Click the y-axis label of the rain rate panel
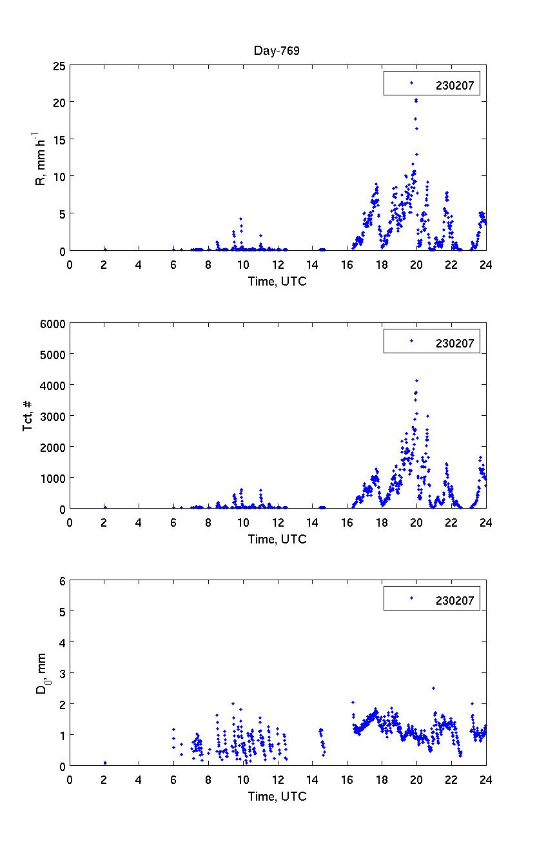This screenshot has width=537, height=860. coord(40,158)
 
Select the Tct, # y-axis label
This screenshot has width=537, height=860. coord(28,416)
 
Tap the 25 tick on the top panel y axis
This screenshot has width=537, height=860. coord(59,65)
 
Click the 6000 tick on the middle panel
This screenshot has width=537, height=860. coord(54,323)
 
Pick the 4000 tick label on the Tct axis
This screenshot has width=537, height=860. coord(54,385)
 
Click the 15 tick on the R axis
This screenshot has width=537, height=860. coord(59,139)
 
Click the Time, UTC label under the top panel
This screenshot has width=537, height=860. coord(277,281)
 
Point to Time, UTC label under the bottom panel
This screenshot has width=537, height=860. coord(277,797)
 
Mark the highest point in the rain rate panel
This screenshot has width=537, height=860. coord(416,100)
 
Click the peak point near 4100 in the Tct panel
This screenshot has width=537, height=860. coord(416,380)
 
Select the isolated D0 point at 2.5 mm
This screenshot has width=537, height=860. coord(433,688)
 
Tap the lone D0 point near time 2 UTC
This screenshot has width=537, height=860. coord(105,763)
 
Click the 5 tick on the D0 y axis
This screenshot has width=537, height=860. coord(62,611)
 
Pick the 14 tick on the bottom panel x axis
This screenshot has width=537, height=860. coord(313,779)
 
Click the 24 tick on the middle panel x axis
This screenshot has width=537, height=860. coord(486,522)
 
